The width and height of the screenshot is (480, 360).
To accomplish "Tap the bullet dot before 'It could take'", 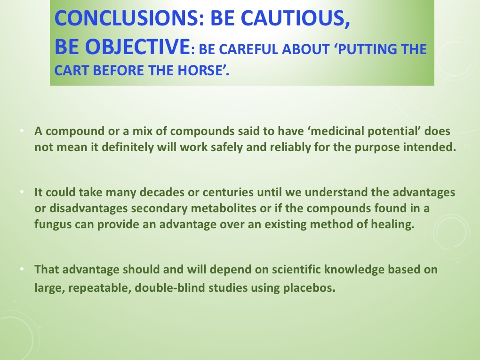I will [23, 193].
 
